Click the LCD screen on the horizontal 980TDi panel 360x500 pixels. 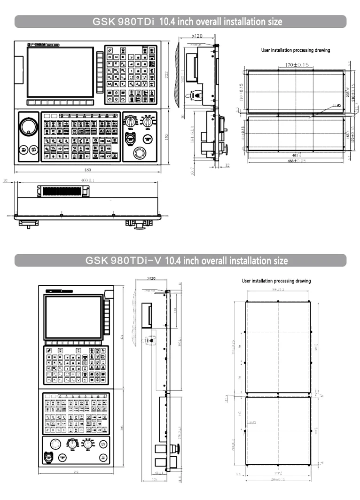tap(60, 72)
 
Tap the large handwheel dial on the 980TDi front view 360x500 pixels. tap(28, 127)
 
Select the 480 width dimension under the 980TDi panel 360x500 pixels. tap(88, 170)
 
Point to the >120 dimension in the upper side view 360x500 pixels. tap(197, 36)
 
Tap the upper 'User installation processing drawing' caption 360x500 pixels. tap(296, 50)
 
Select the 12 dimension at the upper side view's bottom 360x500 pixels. tap(227, 164)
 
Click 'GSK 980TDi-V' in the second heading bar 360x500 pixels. tap(124, 260)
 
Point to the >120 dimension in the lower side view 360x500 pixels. tap(151, 279)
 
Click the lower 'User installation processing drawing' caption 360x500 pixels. tap(276, 281)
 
